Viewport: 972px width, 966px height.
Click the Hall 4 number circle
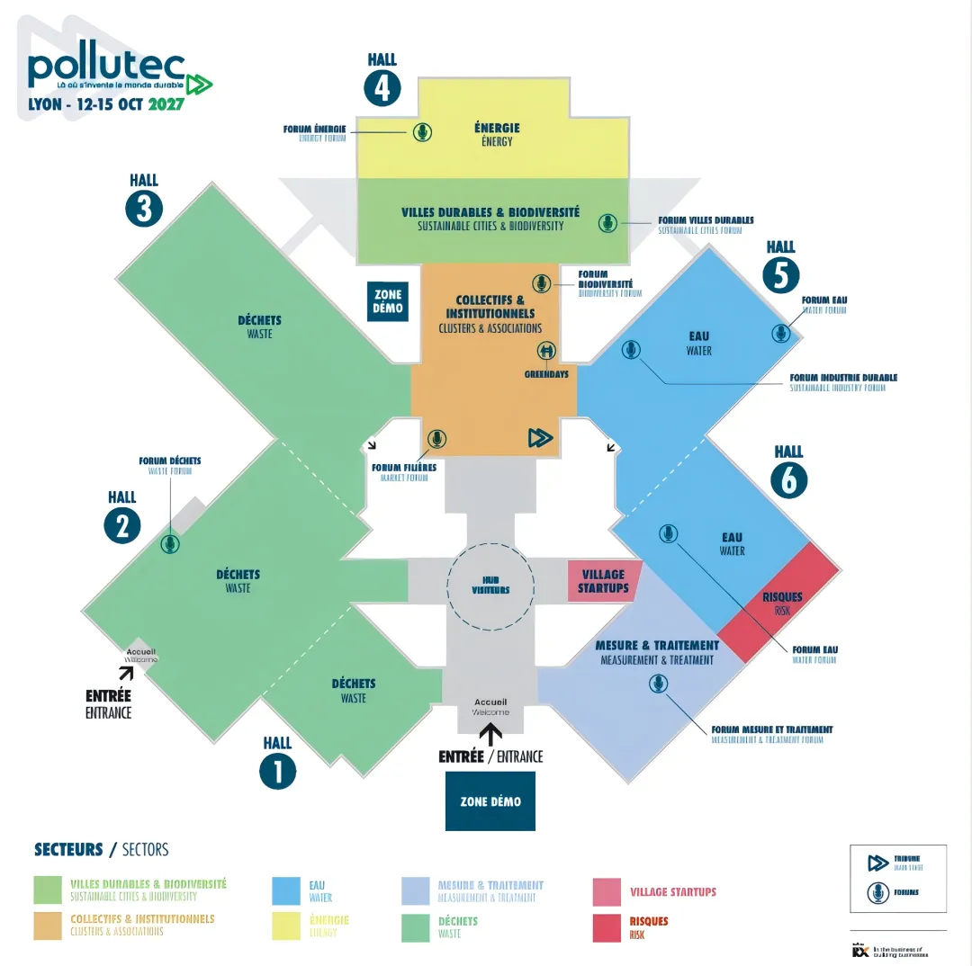(x=382, y=89)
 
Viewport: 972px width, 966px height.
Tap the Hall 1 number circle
(x=277, y=771)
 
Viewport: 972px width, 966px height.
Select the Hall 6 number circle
(x=788, y=480)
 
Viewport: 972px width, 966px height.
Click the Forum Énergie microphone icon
(x=422, y=132)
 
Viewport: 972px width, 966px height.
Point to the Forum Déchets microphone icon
(x=169, y=543)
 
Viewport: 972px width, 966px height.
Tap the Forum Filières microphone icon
(x=436, y=439)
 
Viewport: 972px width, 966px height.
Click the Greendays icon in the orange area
(x=546, y=351)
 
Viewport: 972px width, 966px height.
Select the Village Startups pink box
(x=604, y=581)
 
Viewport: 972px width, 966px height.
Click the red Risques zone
(x=779, y=603)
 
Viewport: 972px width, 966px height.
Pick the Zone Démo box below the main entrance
(x=490, y=801)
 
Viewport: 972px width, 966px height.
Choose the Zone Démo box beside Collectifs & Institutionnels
(x=388, y=301)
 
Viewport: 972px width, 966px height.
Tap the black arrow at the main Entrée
(x=491, y=735)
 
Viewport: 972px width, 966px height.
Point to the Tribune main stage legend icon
(x=877, y=863)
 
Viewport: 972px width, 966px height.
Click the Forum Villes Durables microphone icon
(x=608, y=222)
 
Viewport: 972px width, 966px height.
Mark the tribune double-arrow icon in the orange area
(x=539, y=438)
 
